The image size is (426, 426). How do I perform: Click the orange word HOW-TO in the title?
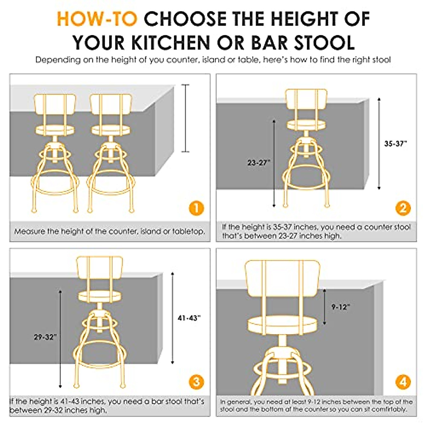(x=97, y=19)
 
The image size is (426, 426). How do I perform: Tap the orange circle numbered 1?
(x=196, y=208)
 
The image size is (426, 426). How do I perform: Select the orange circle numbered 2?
(x=403, y=208)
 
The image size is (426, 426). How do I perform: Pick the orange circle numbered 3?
(x=196, y=382)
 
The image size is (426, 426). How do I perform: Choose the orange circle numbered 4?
(x=403, y=382)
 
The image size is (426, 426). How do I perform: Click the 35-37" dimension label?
(x=395, y=144)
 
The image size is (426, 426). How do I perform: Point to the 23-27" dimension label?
(x=259, y=163)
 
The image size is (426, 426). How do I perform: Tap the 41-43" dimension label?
(x=189, y=318)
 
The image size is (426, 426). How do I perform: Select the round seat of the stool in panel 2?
(x=306, y=125)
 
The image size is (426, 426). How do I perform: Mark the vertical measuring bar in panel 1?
(x=185, y=118)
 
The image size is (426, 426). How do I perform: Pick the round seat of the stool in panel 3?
(x=100, y=296)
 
